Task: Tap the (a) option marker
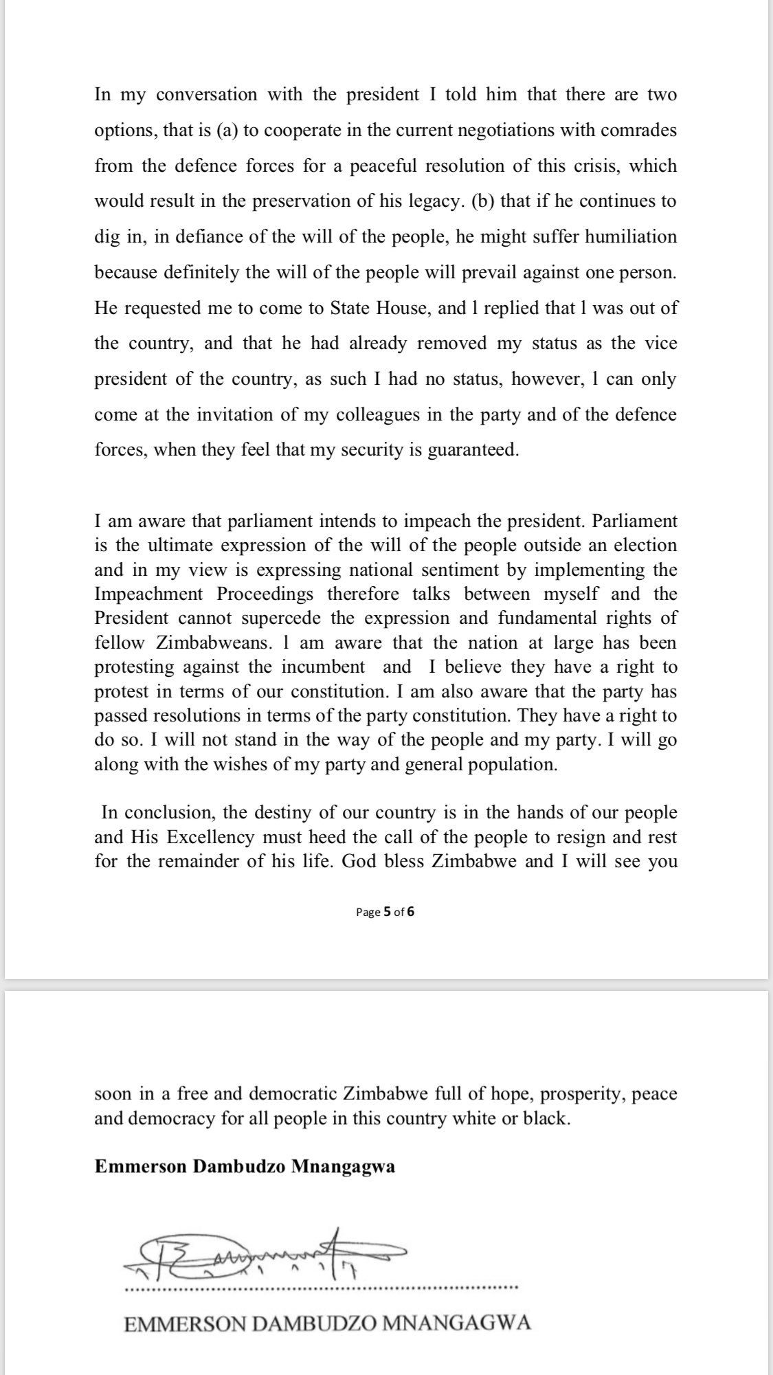(227, 131)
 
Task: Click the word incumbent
(326, 667)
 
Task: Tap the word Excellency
(207, 838)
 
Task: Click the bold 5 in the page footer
(387, 913)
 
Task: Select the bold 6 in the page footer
(411, 913)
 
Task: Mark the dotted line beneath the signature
(322, 1286)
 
